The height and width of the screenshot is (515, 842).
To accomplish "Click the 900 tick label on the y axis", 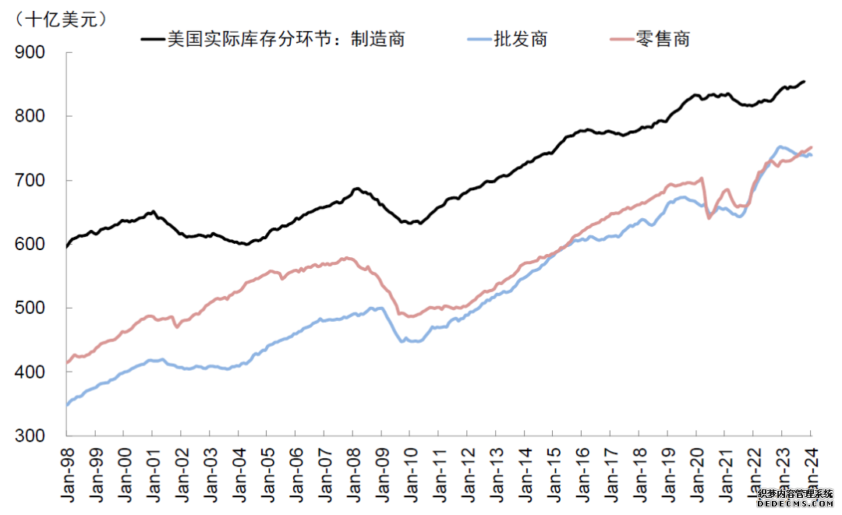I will [31, 52].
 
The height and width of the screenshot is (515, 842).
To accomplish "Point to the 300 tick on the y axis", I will [31, 436].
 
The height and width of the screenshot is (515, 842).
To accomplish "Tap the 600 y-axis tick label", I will [31, 245].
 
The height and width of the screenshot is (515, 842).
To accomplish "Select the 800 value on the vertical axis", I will [31, 116].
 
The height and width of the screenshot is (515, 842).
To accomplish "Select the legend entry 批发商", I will [520, 39].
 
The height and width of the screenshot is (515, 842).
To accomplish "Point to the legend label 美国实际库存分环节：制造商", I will [286, 39].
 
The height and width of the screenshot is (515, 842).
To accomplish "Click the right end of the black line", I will [805, 81].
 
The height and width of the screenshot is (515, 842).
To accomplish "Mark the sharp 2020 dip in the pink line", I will [709, 218].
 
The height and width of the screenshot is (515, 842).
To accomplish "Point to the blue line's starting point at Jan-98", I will [68, 404].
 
